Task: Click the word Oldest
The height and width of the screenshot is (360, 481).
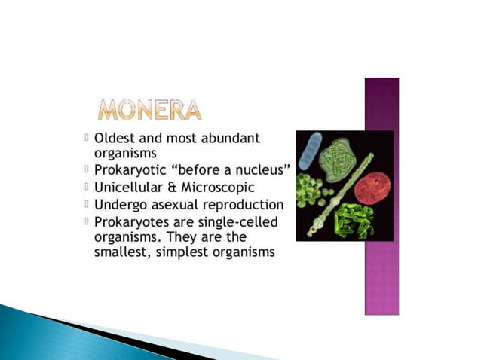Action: [116, 139]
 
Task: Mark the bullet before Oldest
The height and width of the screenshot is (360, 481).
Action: [87, 138]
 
